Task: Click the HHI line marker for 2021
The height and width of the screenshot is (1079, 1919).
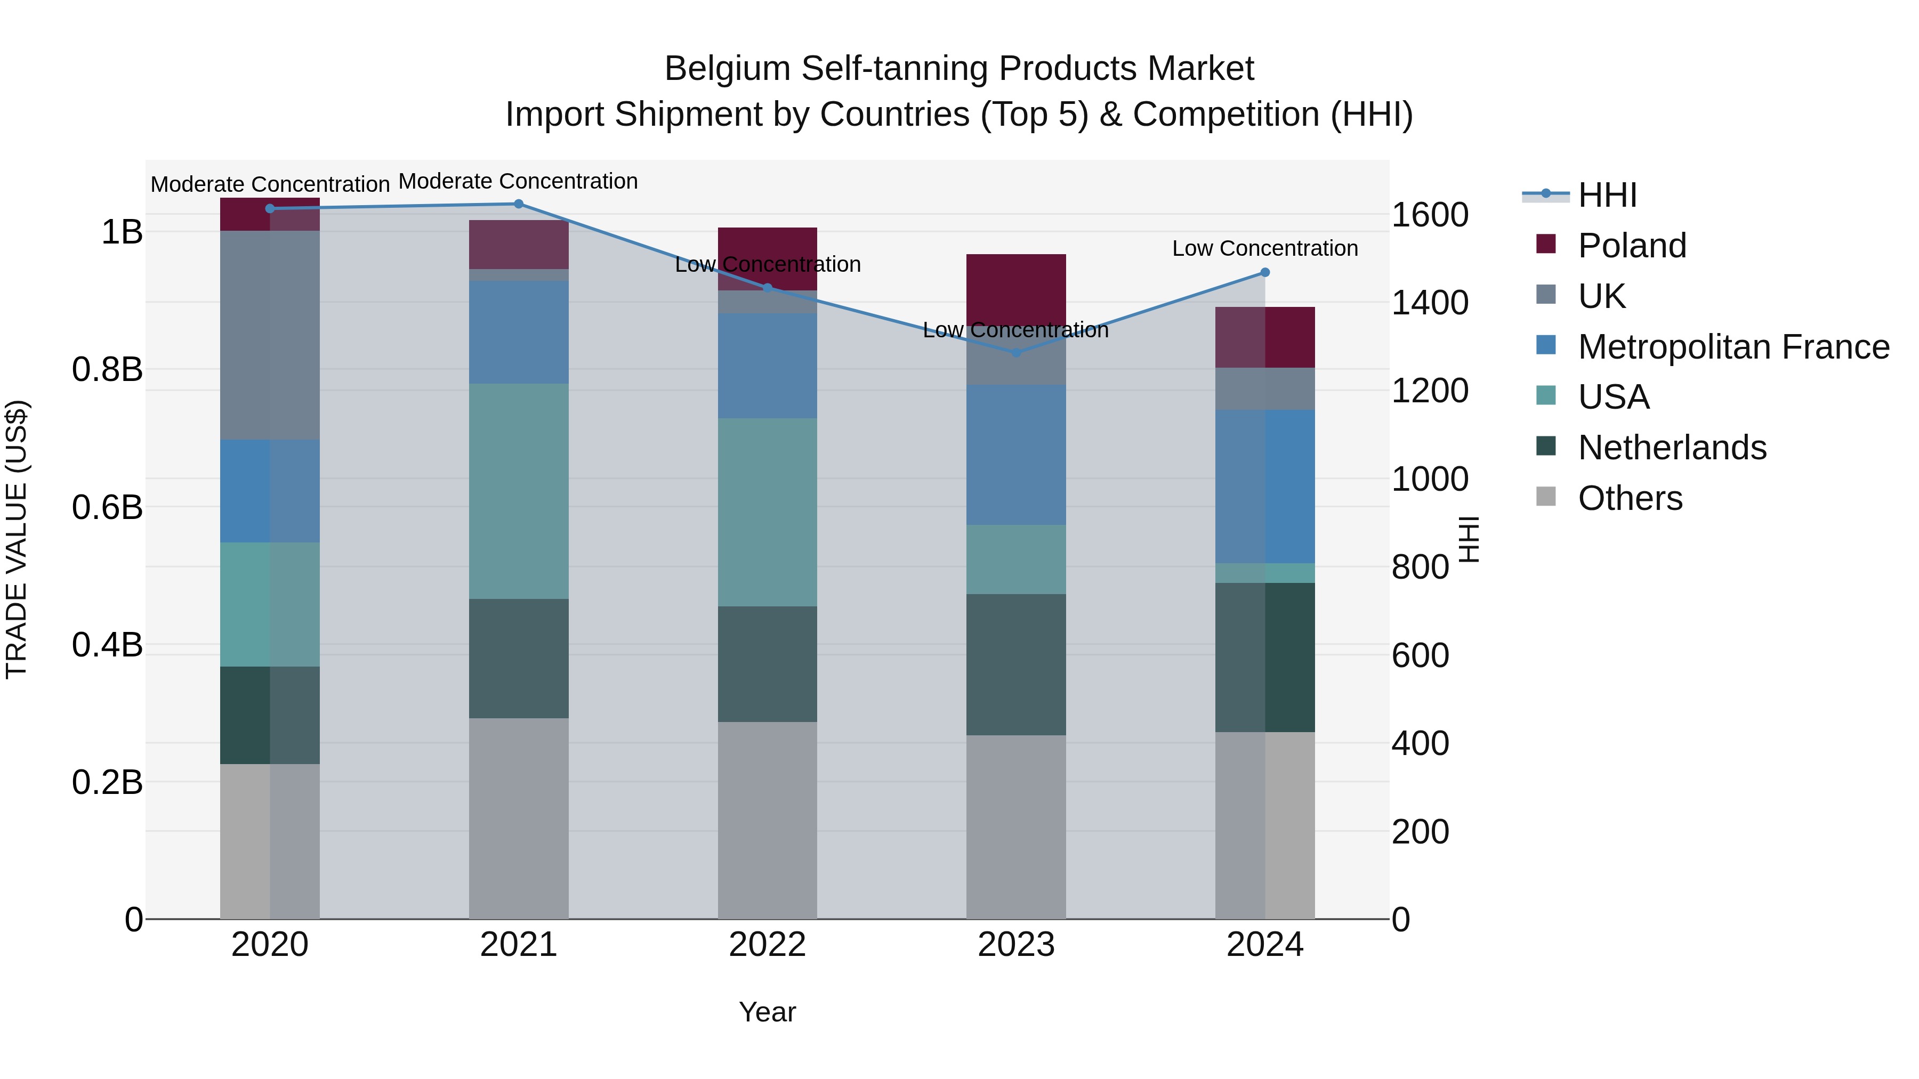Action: pos(519,204)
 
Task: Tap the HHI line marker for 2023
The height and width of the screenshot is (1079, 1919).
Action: pos(1016,352)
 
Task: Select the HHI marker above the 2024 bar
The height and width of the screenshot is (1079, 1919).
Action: pos(1265,272)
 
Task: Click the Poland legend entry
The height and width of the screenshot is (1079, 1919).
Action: pos(1632,246)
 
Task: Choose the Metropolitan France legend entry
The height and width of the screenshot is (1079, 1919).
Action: pos(1733,347)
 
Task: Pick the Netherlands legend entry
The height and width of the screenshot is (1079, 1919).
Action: pos(1672,448)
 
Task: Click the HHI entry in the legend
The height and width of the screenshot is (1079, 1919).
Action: pos(1607,195)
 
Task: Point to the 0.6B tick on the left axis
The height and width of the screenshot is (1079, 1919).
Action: pos(107,507)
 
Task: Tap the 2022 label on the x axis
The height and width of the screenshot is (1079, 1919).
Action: pos(767,945)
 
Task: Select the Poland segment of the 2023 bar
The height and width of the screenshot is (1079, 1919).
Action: pos(1016,287)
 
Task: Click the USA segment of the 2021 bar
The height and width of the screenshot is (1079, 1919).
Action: pos(519,491)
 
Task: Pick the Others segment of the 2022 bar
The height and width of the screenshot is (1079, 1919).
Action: pos(767,819)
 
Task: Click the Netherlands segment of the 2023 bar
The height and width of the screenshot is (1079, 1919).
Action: pos(1016,664)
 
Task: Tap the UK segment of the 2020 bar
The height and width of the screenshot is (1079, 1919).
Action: pos(270,335)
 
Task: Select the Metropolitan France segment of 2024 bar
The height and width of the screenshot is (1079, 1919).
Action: pos(1265,486)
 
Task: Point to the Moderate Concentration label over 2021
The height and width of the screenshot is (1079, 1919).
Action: pos(519,182)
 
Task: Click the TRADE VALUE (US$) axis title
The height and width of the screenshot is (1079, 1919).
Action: pos(17,539)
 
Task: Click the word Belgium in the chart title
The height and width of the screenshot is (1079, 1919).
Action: pos(727,69)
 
